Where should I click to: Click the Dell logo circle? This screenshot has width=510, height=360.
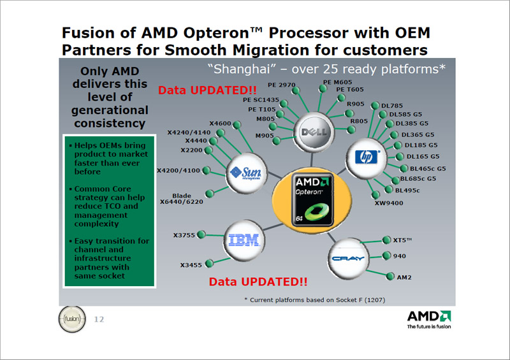(x=314, y=132)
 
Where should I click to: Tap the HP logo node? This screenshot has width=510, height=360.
(x=366, y=159)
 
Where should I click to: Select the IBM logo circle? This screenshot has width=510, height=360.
(x=244, y=241)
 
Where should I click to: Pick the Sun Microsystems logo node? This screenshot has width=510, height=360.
(x=246, y=173)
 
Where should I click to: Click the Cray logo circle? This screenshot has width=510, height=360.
(x=348, y=259)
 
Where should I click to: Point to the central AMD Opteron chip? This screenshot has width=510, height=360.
(x=312, y=199)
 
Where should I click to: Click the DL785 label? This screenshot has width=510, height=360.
(x=392, y=106)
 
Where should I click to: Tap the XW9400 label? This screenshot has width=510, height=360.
(x=389, y=203)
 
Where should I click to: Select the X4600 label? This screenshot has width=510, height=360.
(x=220, y=124)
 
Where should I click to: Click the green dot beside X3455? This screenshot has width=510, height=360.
(x=210, y=263)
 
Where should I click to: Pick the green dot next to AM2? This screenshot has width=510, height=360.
(x=390, y=277)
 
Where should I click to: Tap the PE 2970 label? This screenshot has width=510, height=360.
(x=282, y=85)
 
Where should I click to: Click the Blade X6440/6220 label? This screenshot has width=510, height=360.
(x=182, y=199)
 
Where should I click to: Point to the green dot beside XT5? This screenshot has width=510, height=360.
(x=387, y=240)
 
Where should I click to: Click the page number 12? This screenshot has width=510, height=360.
(x=99, y=319)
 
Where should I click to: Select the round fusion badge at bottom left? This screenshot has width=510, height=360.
(x=72, y=319)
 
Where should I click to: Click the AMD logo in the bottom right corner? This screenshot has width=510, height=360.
(x=429, y=320)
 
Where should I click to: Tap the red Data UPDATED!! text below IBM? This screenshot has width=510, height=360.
(x=258, y=282)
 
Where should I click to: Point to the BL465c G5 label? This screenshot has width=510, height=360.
(x=428, y=168)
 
